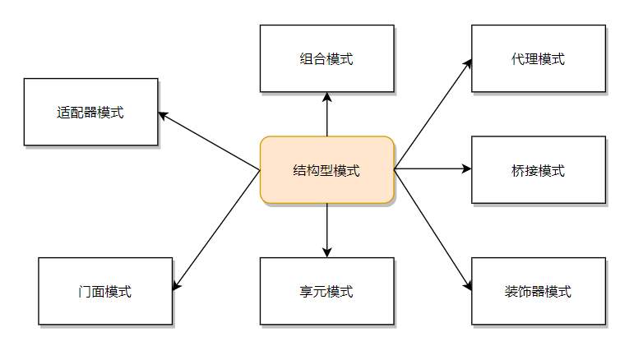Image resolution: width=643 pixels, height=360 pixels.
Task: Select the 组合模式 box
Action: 327,58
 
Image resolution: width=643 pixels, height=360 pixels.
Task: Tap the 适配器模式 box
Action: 90,112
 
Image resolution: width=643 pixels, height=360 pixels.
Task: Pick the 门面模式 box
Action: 105,291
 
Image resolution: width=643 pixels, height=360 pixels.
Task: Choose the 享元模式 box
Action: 327,291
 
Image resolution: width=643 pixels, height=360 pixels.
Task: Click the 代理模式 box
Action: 539,58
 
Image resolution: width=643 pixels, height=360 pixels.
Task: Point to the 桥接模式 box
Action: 539,170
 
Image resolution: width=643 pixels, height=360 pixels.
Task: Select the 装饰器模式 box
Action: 539,291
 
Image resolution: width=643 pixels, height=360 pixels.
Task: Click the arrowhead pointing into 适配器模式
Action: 163,115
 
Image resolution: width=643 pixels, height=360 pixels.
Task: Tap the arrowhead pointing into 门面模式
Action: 176,285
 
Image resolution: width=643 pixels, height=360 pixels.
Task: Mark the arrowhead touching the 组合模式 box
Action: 327,97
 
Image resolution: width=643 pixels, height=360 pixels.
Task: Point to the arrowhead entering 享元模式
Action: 327,252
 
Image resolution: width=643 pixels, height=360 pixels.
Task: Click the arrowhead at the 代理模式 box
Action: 469,62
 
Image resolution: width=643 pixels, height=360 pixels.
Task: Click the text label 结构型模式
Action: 326,171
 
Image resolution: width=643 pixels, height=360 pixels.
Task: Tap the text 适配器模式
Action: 90,113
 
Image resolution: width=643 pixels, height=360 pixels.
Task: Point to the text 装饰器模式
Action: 538,292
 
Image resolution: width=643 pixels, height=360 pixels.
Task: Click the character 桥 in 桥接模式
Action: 518,171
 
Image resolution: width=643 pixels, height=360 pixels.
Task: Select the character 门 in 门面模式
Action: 86,292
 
